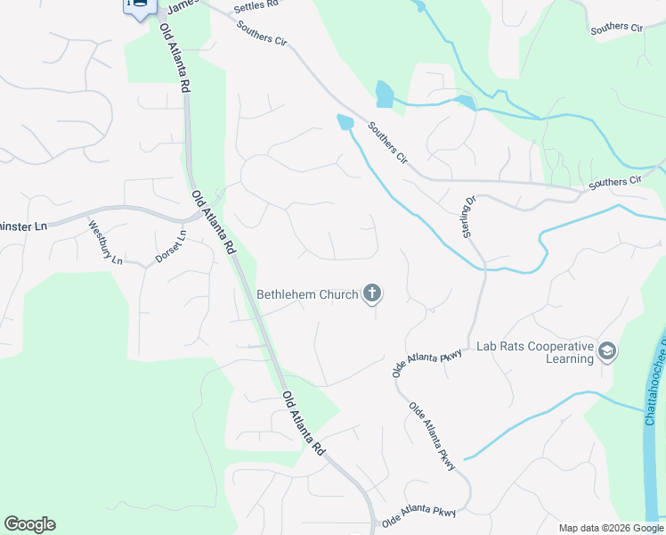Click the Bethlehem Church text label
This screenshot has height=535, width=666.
[307, 294]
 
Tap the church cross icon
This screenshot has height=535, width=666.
[372, 293]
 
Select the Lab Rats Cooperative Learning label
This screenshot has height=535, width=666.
[534, 352]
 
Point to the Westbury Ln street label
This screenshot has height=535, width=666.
[104, 243]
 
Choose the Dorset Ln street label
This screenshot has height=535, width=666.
[171, 246]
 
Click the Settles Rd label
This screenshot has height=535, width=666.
[256, 6]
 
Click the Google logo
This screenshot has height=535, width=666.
[29, 524]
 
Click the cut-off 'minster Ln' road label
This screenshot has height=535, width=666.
[23, 226]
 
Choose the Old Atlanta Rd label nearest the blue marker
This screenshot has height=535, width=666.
[175, 59]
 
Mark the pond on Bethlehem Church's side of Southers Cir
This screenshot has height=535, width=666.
[345, 121]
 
